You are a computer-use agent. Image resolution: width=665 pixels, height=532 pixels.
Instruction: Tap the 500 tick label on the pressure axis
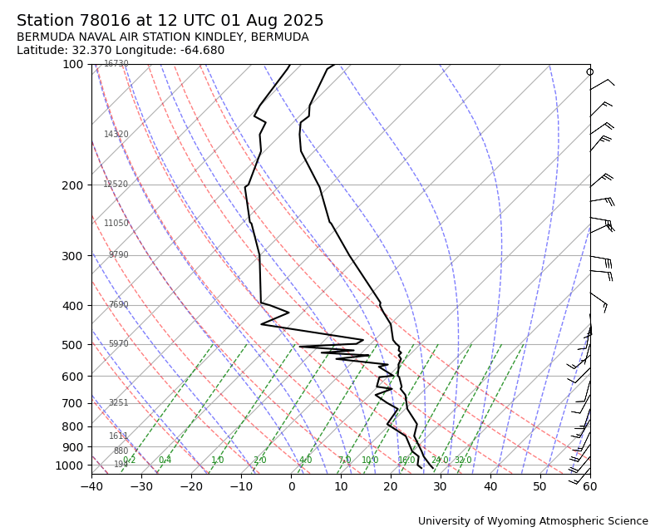(x=72, y=345)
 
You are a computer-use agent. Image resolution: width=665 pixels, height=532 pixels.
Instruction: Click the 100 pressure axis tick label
(x=72, y=65)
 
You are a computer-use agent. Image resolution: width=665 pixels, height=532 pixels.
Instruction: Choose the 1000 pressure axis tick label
(x=69, y=466)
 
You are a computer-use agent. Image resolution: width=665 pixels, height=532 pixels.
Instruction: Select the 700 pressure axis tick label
(x=72, y=403)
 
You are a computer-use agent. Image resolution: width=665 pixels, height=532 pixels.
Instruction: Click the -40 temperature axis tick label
(x=91, y=486)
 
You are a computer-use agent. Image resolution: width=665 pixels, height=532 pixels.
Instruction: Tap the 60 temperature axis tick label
(x=590, y=486)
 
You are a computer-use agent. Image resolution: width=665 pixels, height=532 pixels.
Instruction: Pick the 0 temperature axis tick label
(x=291, y=486)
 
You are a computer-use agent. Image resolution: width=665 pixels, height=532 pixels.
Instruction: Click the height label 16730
(x=116, y=64)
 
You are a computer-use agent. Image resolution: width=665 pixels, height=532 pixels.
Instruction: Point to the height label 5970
(x=119, y=344)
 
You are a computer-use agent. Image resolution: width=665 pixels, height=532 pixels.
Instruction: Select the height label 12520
(x=116, y=185)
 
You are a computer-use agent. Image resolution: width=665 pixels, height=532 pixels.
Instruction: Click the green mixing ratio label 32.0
(x=463, y=461)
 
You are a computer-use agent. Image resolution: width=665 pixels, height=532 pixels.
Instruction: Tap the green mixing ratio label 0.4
(x=165, y=461)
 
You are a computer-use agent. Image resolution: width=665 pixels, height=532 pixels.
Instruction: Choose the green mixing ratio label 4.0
(x=305, y=461)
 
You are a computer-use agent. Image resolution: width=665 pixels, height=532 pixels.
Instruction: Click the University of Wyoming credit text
(x=533, y=521)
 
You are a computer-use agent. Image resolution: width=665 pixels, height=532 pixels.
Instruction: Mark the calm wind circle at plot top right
(x=590, y=72)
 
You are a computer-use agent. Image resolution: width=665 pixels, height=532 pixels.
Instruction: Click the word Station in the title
(x=43, y=21)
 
